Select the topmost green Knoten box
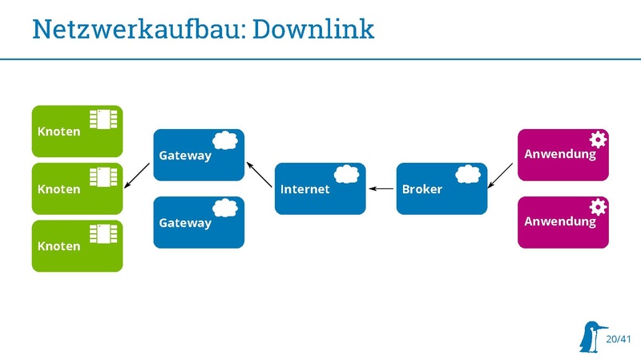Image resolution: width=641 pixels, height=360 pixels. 77,131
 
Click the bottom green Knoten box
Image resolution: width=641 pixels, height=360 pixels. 77,246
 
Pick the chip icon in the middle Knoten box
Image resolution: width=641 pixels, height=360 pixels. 103,176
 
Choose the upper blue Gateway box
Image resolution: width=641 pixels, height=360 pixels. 198,155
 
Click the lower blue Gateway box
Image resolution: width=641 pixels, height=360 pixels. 198,222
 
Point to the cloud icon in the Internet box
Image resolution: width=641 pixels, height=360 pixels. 346,175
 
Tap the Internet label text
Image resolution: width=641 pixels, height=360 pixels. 304,189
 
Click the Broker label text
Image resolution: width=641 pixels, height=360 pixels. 421,189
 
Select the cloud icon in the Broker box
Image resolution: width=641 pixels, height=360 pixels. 468,175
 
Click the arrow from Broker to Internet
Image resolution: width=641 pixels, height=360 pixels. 381,189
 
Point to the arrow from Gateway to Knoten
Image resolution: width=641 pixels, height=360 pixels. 137,175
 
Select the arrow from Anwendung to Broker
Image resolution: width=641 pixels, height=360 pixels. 502,175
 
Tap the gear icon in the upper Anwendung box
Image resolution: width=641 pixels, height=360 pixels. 598,140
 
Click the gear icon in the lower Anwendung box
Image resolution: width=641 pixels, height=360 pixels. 598,207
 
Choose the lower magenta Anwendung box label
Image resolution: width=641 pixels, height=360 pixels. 560,221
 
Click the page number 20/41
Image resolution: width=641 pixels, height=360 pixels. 619,339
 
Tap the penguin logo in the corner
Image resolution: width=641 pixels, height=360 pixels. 591,337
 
